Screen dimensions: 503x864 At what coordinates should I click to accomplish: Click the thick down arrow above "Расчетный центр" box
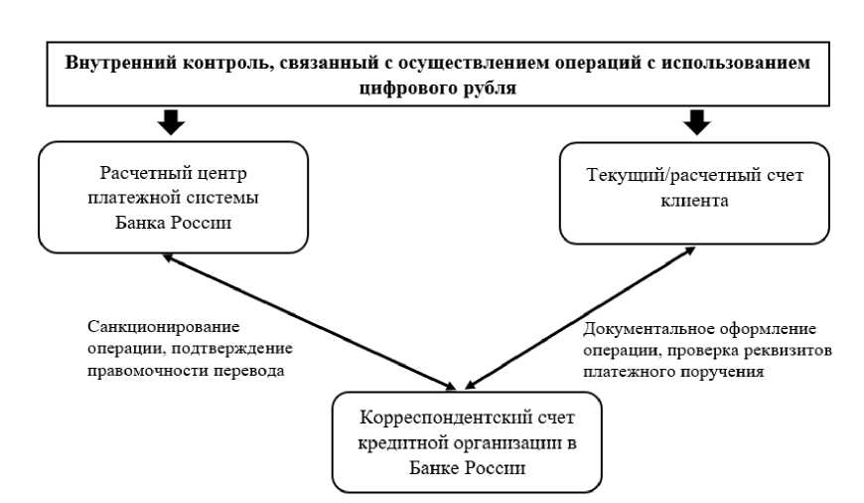click(170, 121)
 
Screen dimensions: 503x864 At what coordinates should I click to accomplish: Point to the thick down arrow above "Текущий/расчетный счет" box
click(697, 121)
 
